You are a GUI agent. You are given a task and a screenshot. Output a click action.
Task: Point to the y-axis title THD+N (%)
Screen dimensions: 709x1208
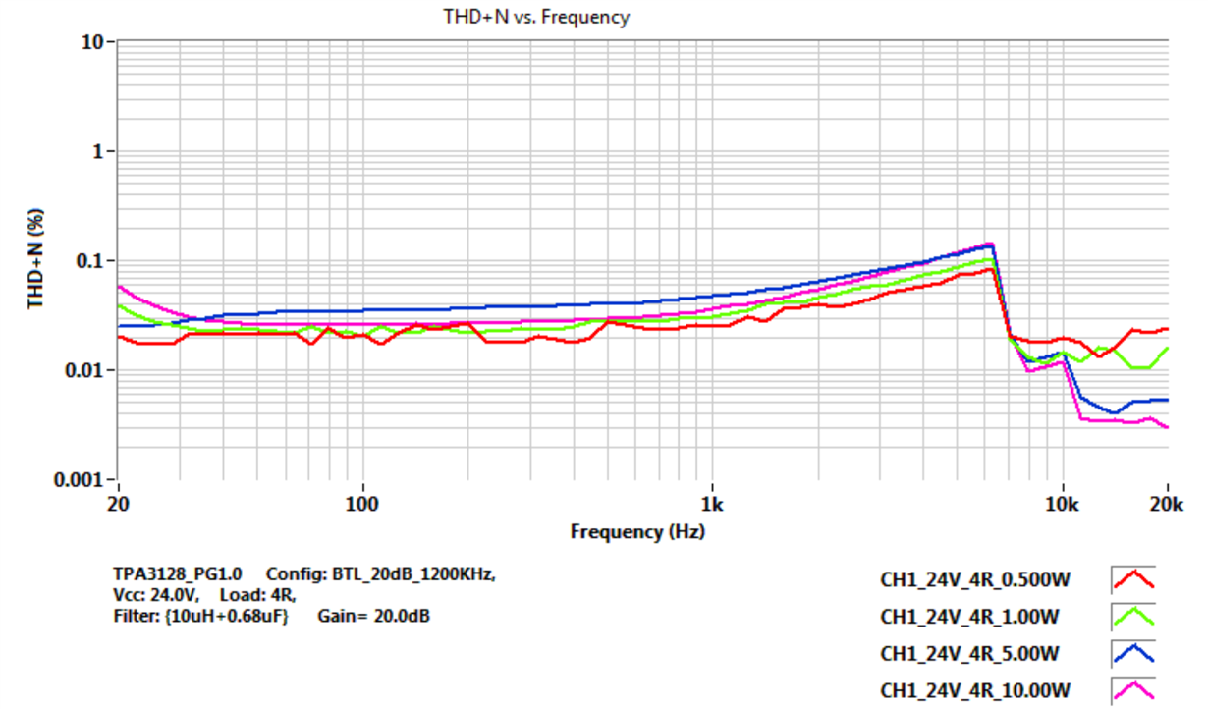[35, 259]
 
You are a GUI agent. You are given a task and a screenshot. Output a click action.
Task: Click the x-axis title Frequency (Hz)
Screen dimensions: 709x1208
[637, 531]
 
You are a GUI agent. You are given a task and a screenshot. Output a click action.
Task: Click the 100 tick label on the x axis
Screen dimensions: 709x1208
[362, 504]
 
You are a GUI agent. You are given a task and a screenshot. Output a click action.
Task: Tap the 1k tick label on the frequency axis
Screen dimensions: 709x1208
[712, 504]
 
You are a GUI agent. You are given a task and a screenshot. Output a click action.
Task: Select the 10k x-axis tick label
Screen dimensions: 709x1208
[1062, 504]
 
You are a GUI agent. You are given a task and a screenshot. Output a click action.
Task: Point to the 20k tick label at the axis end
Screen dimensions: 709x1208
[1166, 504]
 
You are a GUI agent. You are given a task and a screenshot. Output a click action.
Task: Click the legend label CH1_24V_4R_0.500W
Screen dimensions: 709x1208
[974, 580]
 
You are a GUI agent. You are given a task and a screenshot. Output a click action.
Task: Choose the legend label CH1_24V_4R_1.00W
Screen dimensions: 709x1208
[969, 617]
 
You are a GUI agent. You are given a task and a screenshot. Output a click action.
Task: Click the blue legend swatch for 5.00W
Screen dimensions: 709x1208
[1132, 653]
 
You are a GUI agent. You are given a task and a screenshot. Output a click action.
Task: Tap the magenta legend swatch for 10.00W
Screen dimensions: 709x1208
[1132, 689]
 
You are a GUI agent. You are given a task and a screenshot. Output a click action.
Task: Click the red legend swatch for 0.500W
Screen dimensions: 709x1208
[1132, 580]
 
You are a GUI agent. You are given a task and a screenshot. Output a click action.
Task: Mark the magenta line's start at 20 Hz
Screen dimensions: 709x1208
[119, 287]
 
